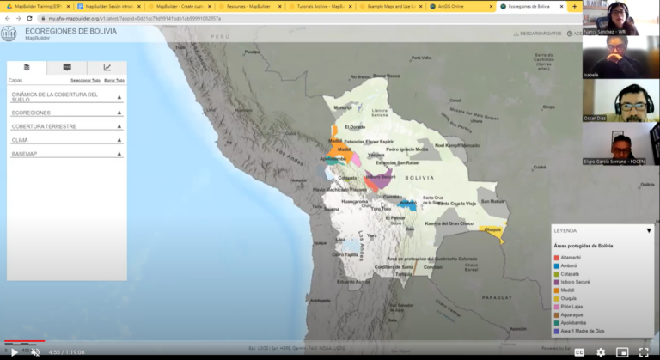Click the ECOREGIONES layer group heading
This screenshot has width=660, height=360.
click(31, 113)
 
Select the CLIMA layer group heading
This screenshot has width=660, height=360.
click(20, 140)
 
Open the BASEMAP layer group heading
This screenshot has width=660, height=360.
click(23, 154)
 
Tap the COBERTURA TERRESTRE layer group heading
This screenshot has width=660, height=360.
click(44, 126)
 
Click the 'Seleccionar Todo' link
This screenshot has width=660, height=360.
click(85, 80)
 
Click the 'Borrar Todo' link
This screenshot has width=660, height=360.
click(114, 80)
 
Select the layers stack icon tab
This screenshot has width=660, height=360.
click(27, 68)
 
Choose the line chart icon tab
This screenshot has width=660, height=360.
click(107, 68)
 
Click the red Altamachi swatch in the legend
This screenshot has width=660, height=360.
click(557, 258)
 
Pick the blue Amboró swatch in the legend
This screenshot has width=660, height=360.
click(557, 266)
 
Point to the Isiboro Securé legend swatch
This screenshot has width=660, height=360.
click(557, 282)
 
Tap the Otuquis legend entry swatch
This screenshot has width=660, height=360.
click(557, 298)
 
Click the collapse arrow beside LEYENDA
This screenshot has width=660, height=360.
click(649, 231)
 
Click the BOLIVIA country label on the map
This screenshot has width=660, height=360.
click(419, 177)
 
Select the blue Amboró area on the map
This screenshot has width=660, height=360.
click(408, 204)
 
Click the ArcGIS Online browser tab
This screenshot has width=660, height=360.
click(459, 6)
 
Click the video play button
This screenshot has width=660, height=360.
click(14, 351)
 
